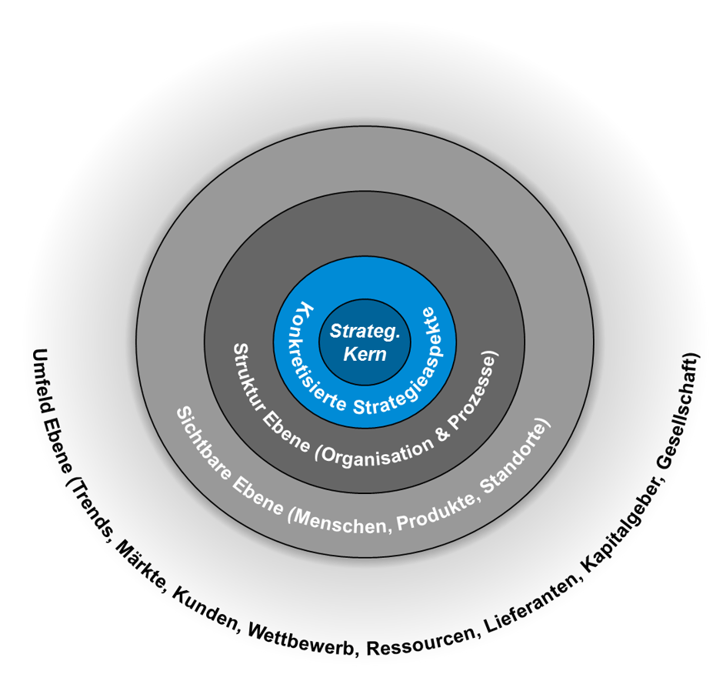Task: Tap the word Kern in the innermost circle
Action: click(365, 355)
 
